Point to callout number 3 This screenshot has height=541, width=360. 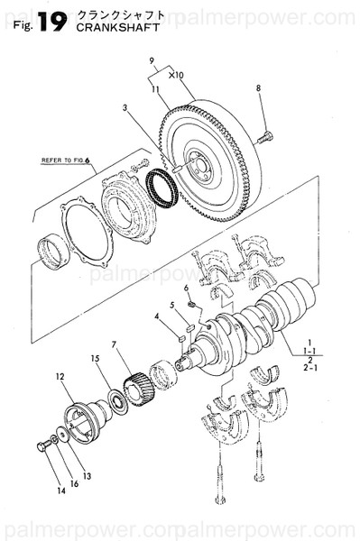tap(125, 108)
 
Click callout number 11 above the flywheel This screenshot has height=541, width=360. tap(155, 89)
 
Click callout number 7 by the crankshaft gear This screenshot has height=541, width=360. tap(115, 344)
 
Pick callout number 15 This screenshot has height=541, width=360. tap(93, 359)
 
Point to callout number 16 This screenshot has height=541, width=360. tap(74, 484)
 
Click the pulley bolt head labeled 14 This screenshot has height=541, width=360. tap(41, 447)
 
